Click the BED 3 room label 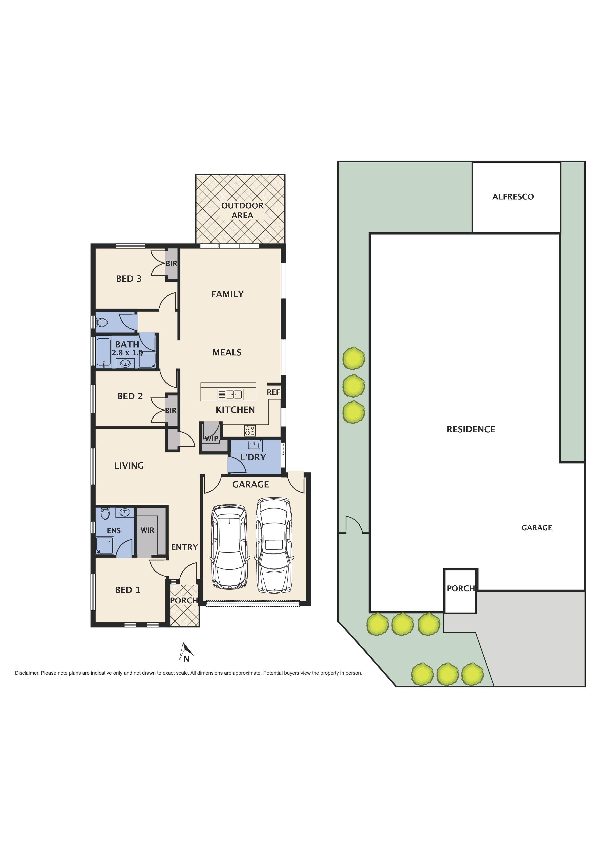[x=129, y=279]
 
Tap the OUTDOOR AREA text [x=242, y=211]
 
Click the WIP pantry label [x=211, y=439]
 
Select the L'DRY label [x=253, y=457]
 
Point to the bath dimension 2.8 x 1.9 [x=127, y=353]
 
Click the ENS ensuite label [x=114, y=531]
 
